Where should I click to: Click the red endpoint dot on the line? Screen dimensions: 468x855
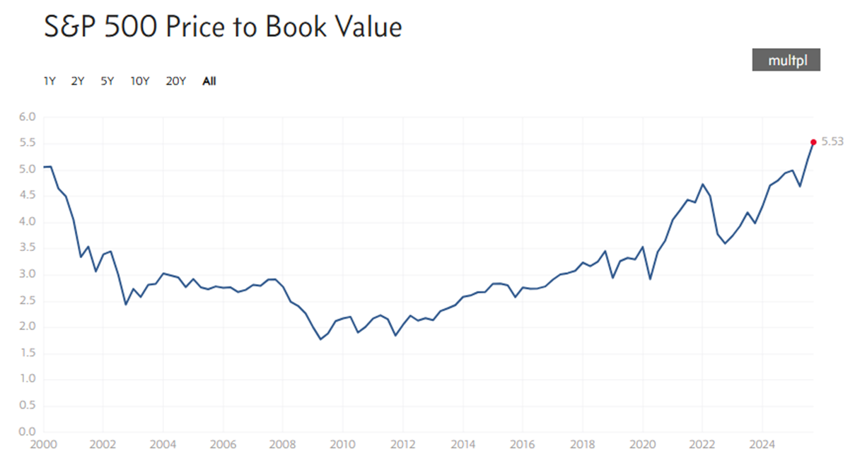tap(813, 142)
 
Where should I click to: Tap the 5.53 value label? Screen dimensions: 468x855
tap(832, 142)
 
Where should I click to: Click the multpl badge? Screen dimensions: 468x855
tap(786, 61)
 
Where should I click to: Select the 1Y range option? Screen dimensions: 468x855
tap(50, 81)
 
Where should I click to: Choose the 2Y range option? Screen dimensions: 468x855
tap(78, 81)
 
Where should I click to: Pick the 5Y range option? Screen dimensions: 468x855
tap(107, 81)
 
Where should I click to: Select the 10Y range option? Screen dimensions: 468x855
tap(140, 81)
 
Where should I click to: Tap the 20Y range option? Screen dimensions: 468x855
tap(175, 81)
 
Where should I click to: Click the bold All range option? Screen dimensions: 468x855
tap(209, 81)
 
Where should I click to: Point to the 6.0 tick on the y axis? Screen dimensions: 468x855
tap(27, 117)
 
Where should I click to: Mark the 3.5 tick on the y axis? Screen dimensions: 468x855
tap(27, 248)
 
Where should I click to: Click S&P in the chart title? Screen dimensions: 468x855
tap(70, 28)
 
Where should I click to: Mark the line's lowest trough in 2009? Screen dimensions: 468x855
tap(320, 339)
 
